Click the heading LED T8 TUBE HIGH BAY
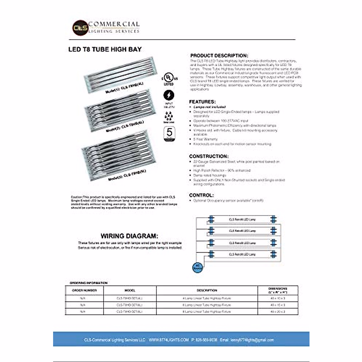point(105,49)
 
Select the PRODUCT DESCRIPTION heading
point(219,56)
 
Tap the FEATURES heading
point(202,102)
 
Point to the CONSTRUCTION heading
point(209,156)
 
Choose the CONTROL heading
point(201,195)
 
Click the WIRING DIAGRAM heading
point(129,236)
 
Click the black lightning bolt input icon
point(169,95)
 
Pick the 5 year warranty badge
point(169,134)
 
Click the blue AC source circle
point(198,268)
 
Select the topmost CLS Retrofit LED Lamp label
point(242,220)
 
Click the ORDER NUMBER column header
point(84,291)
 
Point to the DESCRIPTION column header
point(207,291)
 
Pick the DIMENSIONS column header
point(278,291)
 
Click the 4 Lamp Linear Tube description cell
point(207,298)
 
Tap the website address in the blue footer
point(169,340)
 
